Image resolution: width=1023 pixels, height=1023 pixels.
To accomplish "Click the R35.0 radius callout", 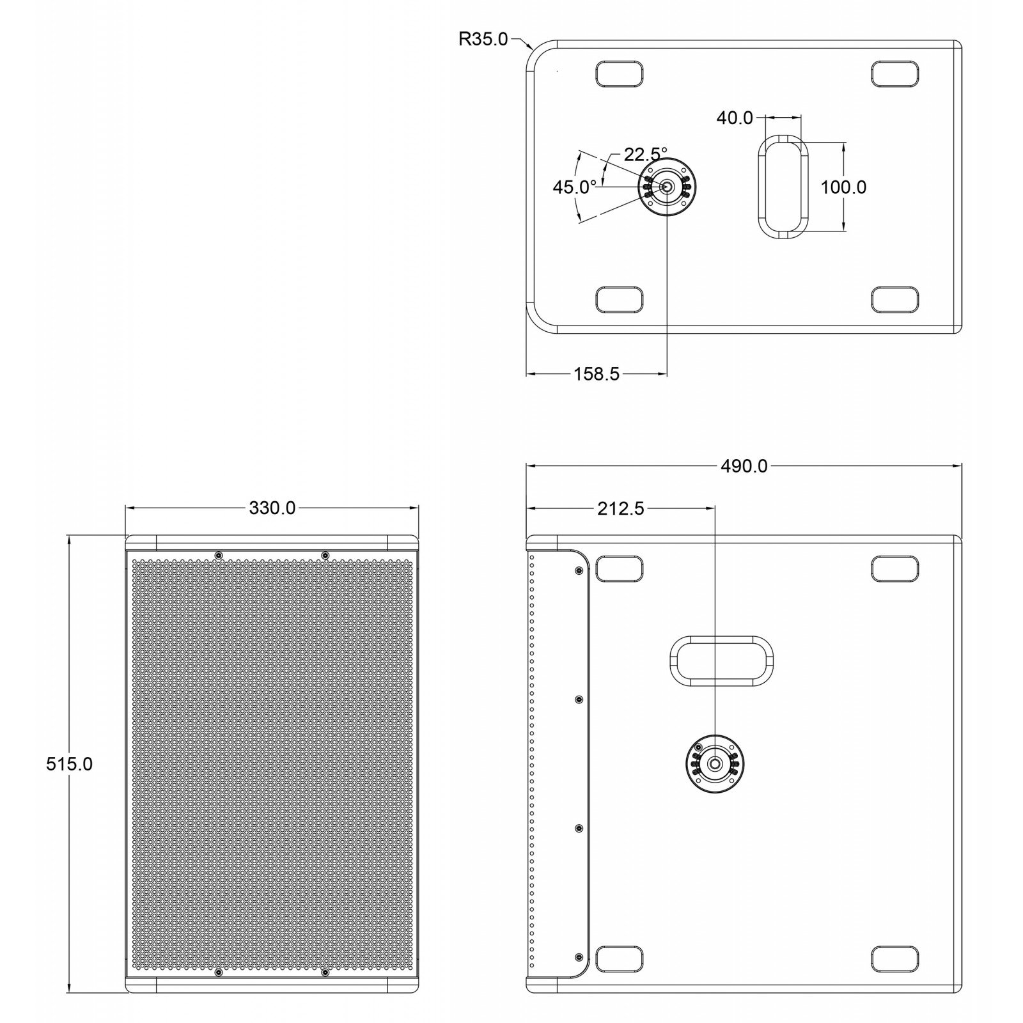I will (483, 40).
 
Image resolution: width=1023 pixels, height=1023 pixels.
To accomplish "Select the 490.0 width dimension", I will (744, 466).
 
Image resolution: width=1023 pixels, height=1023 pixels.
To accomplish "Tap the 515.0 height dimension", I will (69, 763).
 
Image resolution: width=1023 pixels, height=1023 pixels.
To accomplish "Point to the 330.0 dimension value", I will (272, 508).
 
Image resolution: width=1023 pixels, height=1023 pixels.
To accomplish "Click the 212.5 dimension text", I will (620, 508).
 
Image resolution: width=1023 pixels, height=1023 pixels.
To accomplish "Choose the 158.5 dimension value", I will (596, 374).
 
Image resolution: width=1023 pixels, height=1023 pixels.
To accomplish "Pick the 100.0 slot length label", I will (843, 187).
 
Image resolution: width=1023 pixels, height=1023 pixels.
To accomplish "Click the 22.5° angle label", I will (645, 154).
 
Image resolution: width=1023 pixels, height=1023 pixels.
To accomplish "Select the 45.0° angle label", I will (574, 187).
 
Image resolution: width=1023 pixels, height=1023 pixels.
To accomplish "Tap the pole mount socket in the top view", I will (667, 187).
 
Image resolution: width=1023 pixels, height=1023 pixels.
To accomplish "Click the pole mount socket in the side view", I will (714, 763).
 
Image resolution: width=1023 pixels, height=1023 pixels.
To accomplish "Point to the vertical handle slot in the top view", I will (783, 186).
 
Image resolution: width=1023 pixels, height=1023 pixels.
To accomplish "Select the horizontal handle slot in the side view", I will (721, 660).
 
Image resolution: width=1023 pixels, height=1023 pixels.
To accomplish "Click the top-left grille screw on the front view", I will (219, 555).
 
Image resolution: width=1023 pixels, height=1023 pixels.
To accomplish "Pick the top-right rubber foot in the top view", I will (894, 74).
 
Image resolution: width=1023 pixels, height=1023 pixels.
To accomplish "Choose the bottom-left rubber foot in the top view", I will (618, 299).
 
